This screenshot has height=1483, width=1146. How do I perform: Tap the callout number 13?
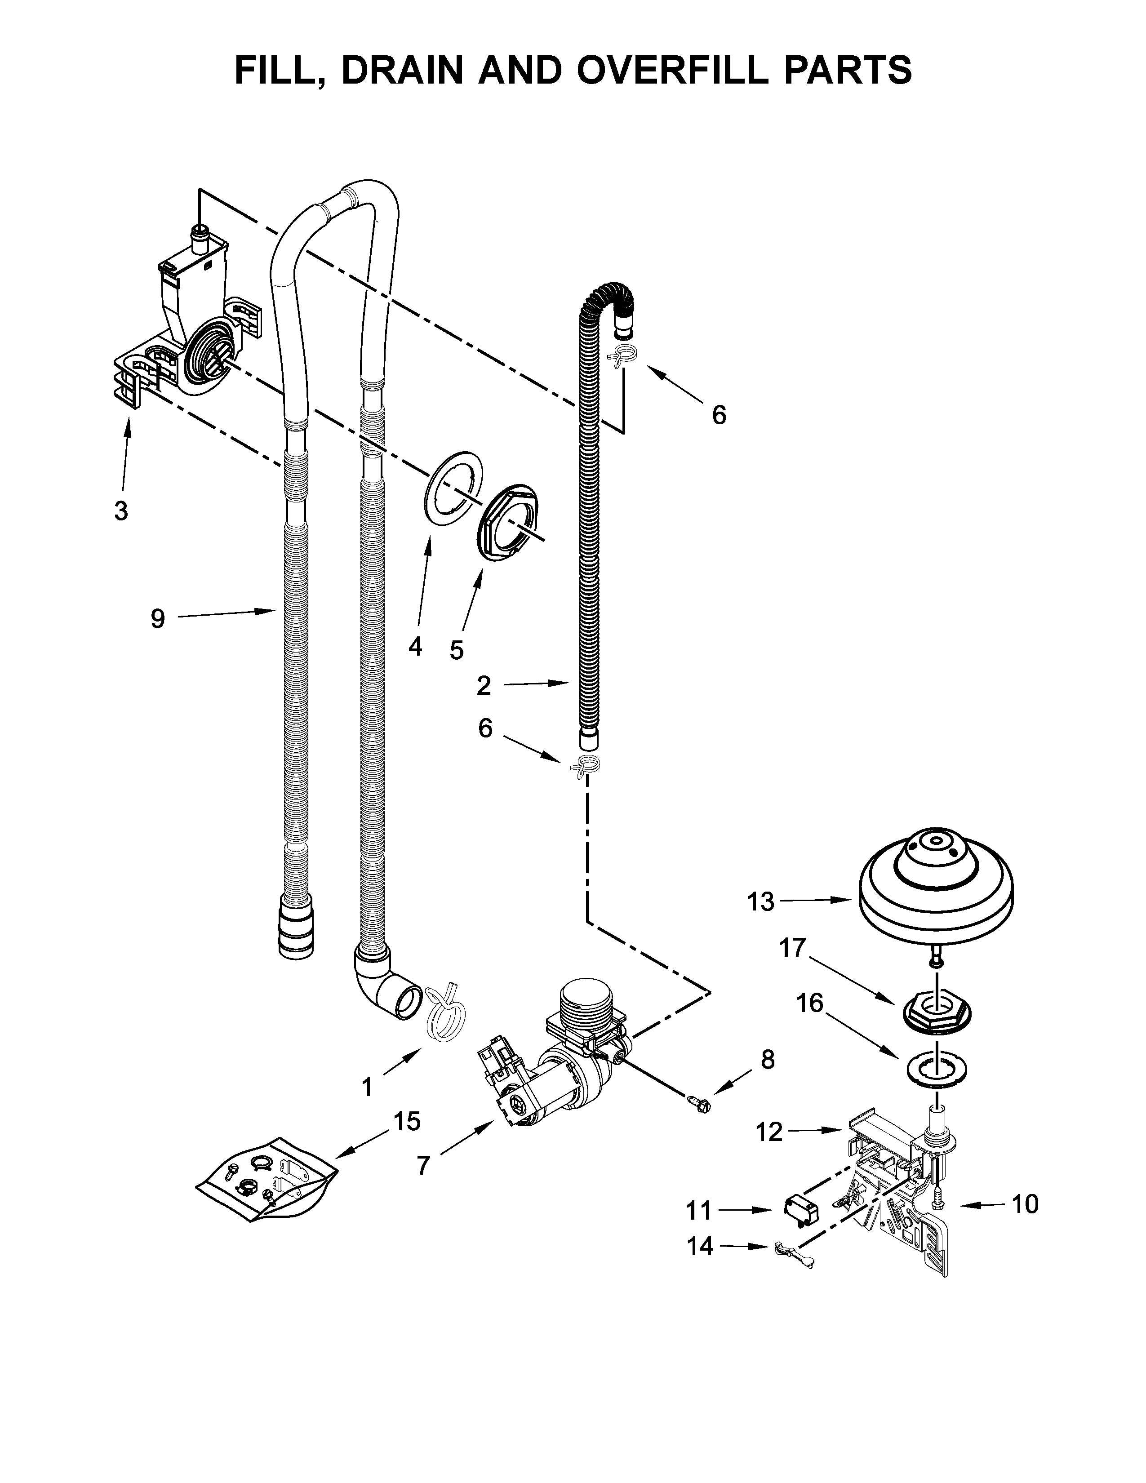click(x=760, y=902)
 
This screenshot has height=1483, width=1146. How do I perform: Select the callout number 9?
click(x=157, y=619)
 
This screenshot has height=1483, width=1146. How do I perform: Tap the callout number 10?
click(x=1025, y=1204)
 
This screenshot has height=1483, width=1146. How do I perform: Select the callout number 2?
click(x=484, y=686)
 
